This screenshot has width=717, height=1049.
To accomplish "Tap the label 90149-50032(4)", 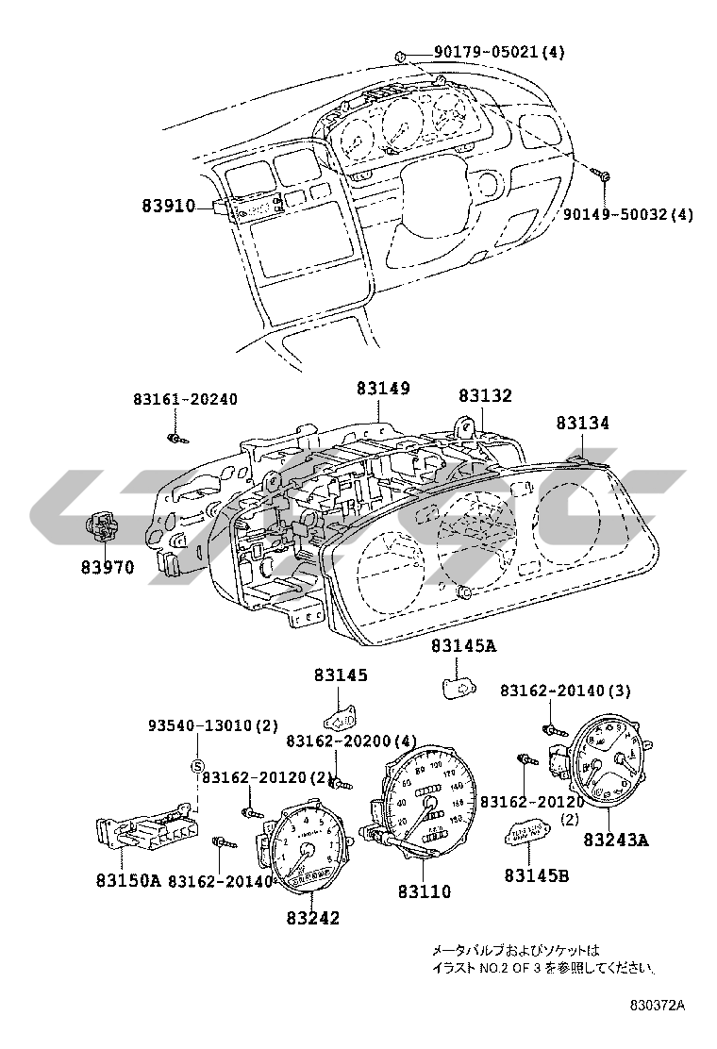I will [627, 214].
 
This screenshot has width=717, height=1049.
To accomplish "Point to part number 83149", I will [384, 389].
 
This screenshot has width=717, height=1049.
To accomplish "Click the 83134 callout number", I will [581, 425].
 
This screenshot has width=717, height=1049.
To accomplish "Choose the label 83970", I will [106, 567].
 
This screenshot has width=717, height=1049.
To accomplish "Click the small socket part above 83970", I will [103, 524].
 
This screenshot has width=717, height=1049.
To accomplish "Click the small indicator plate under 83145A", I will [459, 686].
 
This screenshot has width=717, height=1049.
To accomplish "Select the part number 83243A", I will [615, 840].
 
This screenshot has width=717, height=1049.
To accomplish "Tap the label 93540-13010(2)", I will [213, 726].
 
